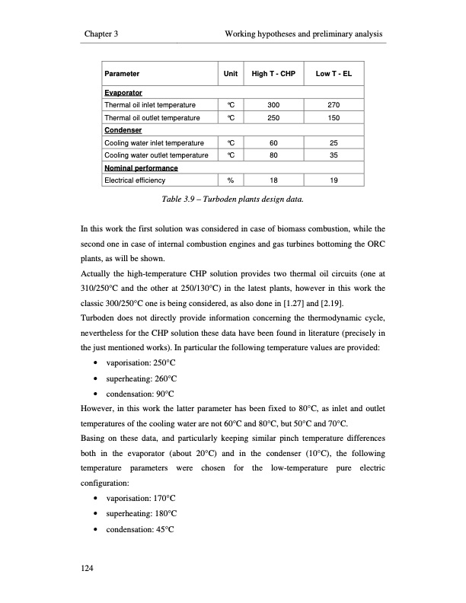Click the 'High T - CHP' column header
coord(273,75)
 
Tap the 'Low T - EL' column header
coord(334,75)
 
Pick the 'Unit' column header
coord(229,75)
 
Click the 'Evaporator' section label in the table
coord(123,92)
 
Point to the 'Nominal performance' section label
coord(141,167)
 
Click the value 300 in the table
coord(273,104)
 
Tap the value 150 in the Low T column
coord(334,118)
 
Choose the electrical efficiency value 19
coord(334,180)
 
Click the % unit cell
coord(229,180)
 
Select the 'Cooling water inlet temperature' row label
coord(154,142)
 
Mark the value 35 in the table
coord(334,155)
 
